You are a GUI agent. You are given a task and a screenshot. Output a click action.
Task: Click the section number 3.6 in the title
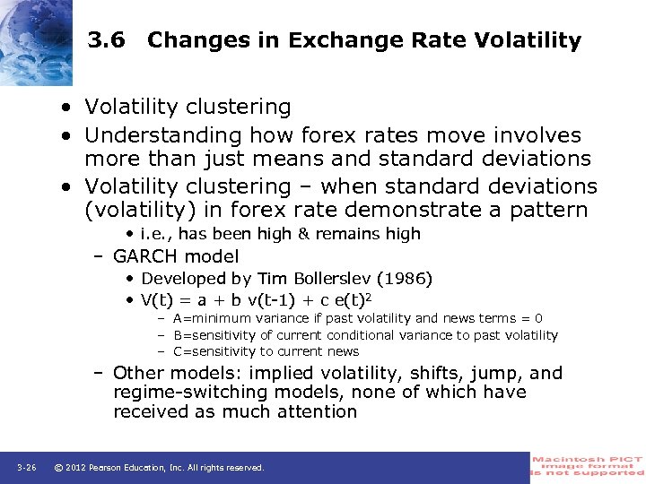[108, 40]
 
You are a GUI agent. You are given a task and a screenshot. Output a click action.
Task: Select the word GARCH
[145, 256]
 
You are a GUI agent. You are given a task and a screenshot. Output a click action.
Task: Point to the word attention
[315, 412]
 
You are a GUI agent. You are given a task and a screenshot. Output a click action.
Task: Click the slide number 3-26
[26, 467]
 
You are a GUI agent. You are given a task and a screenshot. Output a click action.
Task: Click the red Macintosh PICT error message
[588, 467]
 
